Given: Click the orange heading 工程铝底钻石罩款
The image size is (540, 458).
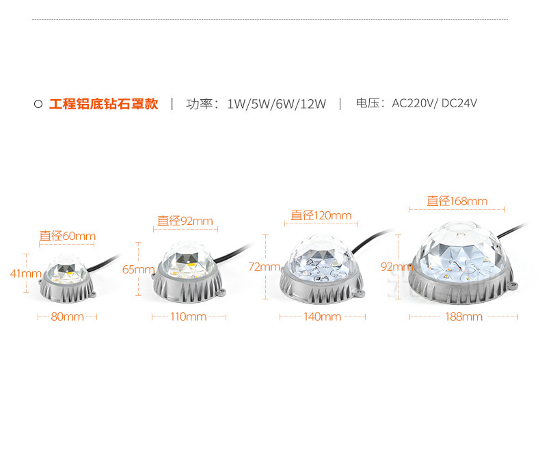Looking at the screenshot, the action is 103,104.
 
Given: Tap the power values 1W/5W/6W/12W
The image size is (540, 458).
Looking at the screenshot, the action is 276,104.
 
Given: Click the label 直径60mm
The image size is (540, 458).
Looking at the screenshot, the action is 67,236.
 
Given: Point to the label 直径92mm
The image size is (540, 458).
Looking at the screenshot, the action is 185,221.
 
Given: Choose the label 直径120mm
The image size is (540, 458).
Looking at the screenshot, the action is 321,215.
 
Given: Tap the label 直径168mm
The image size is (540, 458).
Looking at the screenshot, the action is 457,201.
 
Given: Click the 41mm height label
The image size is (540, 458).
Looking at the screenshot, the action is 26,273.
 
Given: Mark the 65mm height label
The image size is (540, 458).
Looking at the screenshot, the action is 138,269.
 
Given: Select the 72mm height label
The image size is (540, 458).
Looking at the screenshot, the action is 264,266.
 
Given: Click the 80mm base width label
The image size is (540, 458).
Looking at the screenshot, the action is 67,316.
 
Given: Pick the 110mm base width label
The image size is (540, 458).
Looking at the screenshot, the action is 188,316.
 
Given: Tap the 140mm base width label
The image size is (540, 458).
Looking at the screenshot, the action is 322,316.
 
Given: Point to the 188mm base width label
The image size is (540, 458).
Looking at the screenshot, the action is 463,316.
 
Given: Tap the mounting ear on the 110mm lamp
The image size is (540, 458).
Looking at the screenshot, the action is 222,293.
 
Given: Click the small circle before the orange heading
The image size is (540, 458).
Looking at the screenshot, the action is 38,105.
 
